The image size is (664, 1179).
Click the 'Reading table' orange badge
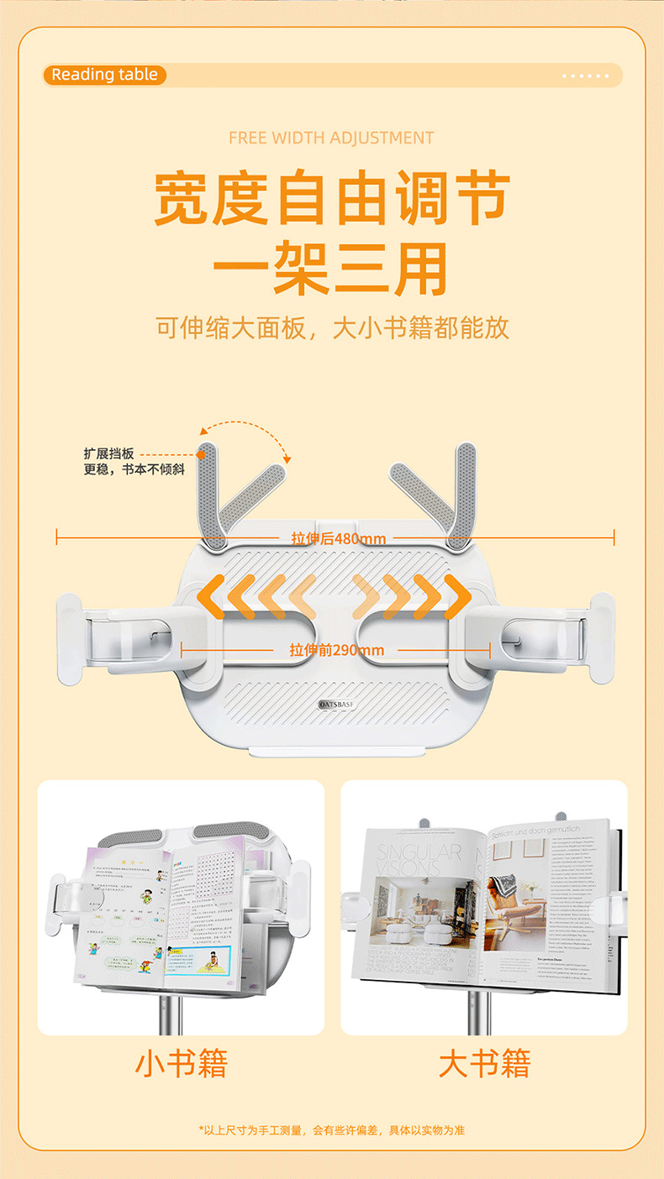[x=104, y=75]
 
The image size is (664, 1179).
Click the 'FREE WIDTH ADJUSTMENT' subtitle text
[x=331, y=138]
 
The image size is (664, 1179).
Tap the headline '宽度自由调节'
[x=331, y=200]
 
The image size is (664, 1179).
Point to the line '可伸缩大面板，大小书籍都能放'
[x=333, y=327]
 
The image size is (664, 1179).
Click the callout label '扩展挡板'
[x=108, y=453]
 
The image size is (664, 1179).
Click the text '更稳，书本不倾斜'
[x=134, y=469]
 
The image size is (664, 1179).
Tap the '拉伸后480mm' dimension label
[x=338, y=538]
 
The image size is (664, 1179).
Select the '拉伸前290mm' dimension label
[x=336, y=650]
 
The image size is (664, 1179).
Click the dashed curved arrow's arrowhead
[x=287, y=458]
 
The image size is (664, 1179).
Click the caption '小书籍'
[x=182, y=1064]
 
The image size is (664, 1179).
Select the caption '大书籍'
[x=484, y=1064]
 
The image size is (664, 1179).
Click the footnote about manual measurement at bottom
[x=331, y=1130]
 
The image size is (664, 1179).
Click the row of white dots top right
[x=585, y=76]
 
